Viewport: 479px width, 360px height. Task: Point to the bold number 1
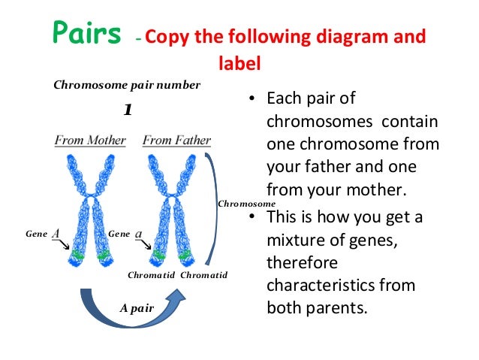(x=128, y=110)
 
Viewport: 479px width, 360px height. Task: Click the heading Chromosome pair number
(x=127, y=85)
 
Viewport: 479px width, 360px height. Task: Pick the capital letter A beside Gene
(x=56, y=234)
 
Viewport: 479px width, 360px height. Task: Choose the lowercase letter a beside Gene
(x=139, y=234)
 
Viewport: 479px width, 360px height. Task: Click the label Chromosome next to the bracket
(x=246, y=204)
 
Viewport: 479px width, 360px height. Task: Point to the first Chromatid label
(x=151, y=275)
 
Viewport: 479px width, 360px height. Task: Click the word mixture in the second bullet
(x=297, y=241)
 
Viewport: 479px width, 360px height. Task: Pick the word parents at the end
(x=336, y=308)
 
